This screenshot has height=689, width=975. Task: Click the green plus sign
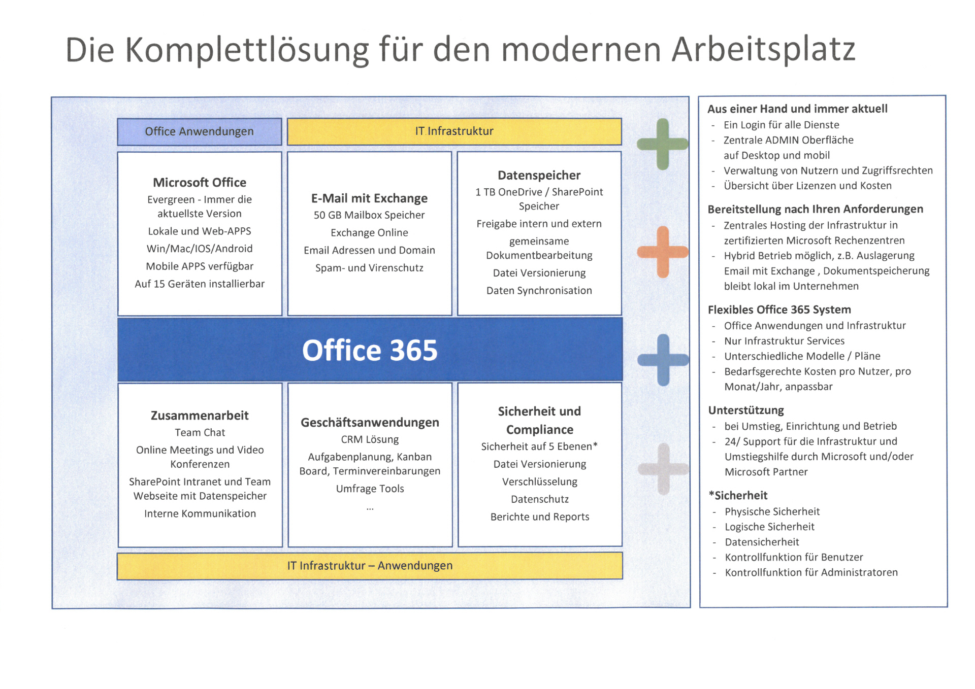click(x=663, y=144)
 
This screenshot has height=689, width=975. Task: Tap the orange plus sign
click(x=663, y=252)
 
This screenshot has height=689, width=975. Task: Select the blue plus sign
click(x=663, y=360)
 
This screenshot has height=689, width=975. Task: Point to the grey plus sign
click(x=663, y=469)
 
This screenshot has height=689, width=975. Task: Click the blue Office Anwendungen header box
click(x=200, y=132)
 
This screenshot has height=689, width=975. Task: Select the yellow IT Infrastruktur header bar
click(x=454, y=131)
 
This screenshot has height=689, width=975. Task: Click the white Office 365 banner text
click(x=370, y=350)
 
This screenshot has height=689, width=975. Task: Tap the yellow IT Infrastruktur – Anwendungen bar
click(x=370, y=566)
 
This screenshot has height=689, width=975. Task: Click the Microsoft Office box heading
click(x=200, y=183)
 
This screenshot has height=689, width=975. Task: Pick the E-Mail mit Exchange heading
click(x=369, y=198)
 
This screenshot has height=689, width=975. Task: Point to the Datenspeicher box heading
click(x=539, y=176)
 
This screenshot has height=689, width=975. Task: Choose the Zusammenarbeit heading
click(x=200, y=416)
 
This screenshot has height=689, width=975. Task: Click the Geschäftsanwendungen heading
click(x=370, y=423)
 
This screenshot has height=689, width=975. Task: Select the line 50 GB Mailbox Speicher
click(x=369, y=215)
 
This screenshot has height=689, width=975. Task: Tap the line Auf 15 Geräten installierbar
click(x=200, y=284)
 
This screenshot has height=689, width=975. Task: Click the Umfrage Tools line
click(x=370, y=489)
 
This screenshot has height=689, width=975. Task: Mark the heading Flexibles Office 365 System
click(x=779, y=309)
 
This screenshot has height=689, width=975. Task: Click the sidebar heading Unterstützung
click(x=746, y=410)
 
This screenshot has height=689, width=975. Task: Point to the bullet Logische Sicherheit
click(x=769, y=527)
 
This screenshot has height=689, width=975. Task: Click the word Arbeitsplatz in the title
click(x=764, y=50)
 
